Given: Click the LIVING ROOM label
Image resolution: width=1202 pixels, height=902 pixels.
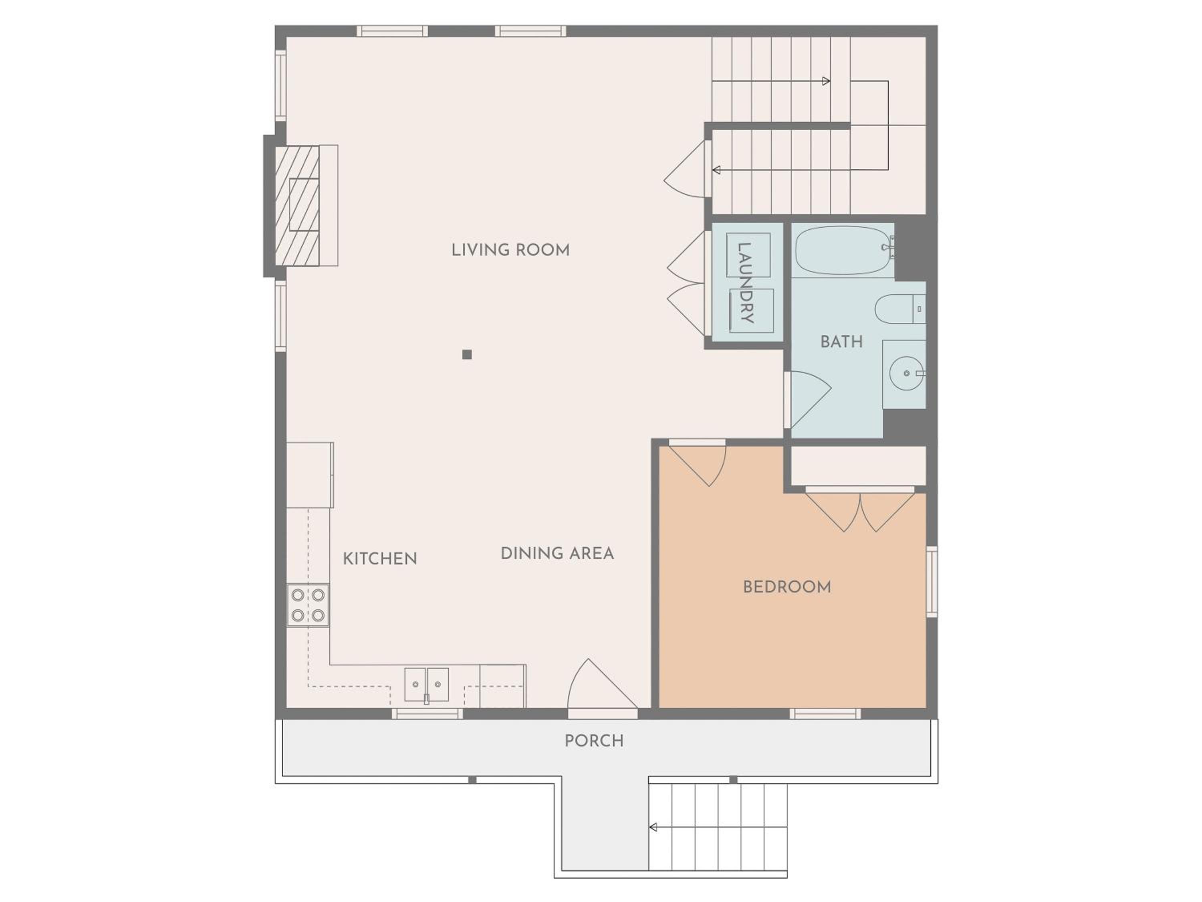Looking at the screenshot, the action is pyautogui.click(x=510, y=250).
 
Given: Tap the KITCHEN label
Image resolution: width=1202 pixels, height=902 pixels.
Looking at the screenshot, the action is pyautogui.click(x=380, y=558).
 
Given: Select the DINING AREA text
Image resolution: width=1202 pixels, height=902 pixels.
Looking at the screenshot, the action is pyautogui.click(x=557, y=554).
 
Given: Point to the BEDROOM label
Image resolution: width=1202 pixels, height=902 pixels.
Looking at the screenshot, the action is pyautogui.click(x=787, y=587).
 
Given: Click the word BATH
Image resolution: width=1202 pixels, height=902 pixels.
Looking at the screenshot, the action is pyautogui.click(x=841, y=342).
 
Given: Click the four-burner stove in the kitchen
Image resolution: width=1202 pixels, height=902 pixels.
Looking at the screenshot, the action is pyautogui.click(x=308, y=605).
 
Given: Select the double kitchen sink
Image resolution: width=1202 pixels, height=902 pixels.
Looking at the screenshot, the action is pyautogui.click(x=427, y=685).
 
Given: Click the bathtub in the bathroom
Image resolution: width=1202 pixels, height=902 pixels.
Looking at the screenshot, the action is pyautogui.click(x=843, y=252).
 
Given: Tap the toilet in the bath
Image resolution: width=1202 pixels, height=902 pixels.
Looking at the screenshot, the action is pyautogui.click(x=900, y=309).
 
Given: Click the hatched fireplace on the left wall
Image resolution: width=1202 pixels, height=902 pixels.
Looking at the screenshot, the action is pyautogui.click(x=297, y=206).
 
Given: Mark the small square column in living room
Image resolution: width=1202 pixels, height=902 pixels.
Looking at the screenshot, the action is pyautogui.click(x=467, y=354).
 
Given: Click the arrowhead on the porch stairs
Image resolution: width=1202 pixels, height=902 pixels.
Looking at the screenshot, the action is pyautogui.click(x=653, y=827).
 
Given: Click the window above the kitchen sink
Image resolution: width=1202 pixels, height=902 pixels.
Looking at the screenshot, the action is pyautogui.click(x=427, y=714).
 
